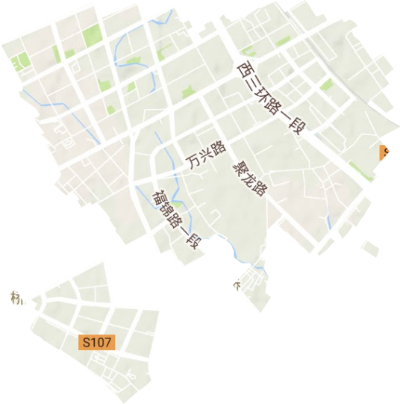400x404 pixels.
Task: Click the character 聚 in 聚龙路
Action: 240,165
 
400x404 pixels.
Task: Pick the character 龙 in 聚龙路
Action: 250,177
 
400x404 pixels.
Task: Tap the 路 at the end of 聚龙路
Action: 259,189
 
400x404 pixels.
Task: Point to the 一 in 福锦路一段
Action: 184,231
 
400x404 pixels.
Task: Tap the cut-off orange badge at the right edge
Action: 385,152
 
